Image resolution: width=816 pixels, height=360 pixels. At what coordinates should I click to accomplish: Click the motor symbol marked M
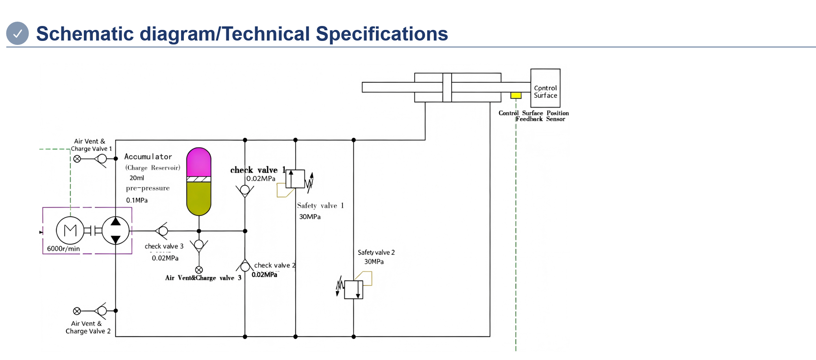pos(70,231)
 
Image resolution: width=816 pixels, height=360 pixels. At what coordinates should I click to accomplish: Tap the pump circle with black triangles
pos(115,231)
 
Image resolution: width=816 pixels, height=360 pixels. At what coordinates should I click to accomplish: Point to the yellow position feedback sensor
pos(516,95)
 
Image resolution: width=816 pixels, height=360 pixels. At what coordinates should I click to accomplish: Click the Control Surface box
pos(545,88)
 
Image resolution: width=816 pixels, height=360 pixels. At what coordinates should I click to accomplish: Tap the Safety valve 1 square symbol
pos(295,179)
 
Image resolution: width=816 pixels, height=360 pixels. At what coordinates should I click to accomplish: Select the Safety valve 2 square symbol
pos(353,290)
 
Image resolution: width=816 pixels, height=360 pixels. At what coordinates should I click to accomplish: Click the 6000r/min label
pos(63,249)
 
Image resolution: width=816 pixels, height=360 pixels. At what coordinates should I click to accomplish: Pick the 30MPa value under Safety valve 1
pos(310,217)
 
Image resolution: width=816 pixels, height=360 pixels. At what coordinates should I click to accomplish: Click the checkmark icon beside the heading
pos(17,33)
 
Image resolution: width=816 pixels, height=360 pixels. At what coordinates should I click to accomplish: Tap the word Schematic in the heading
pos(85,34)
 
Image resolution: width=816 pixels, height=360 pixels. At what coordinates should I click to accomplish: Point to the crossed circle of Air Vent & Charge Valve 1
pos(77,159)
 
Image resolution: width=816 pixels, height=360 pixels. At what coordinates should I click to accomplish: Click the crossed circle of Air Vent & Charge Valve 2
pos(77,311)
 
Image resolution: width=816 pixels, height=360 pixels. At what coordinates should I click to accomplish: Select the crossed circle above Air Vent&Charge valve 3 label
pos(199,270)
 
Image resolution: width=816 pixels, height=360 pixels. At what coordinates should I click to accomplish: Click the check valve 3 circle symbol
pos(163,231)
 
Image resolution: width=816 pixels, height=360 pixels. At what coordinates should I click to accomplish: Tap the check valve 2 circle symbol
pos(245,267)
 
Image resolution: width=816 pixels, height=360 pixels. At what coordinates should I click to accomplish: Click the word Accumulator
pos(148,157)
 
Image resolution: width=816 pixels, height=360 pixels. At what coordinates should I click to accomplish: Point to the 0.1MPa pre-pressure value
pos(137,200)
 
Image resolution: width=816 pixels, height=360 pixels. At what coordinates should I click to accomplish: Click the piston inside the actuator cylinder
pos(447,87)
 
